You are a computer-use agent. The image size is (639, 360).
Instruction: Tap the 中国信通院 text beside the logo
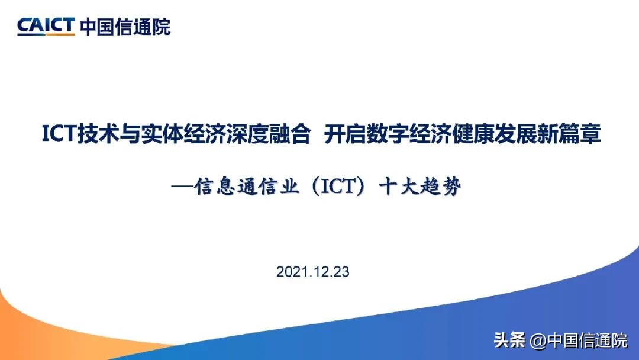point(125,27)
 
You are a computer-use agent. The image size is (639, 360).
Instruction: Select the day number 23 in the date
point(342,272)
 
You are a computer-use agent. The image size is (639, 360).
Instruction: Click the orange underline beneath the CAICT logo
point(46,34)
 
